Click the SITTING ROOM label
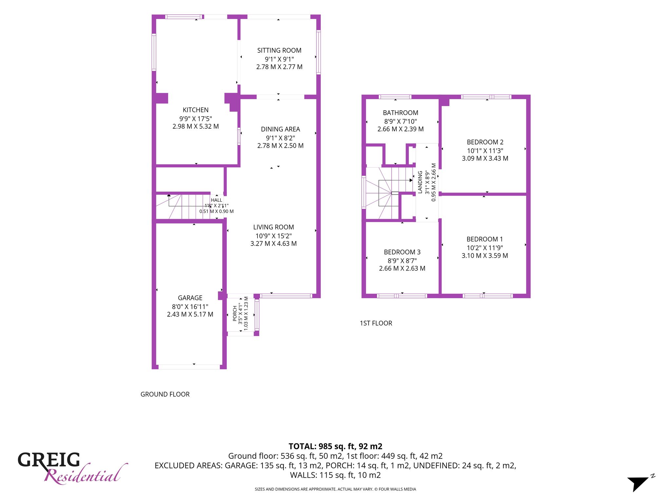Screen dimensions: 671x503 tap(279, 50)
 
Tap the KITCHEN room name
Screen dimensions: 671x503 tap(196, 110)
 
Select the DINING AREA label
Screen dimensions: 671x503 tap(280, 129)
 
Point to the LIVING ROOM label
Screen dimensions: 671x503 tap(274, 227)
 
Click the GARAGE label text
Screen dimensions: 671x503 tap(190, 298)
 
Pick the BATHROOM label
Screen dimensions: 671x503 tap(400, 113)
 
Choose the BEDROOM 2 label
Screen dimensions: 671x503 tap(485, 142)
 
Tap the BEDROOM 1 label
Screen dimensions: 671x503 tap(485, 239)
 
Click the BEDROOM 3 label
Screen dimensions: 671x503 tap(402, 252)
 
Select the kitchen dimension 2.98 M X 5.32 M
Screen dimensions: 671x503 tap(196, 126)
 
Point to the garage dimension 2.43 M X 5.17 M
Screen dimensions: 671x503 tap(190, 314)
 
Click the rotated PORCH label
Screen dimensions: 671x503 tap(235, 313)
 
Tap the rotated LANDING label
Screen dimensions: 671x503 tap(420, 182)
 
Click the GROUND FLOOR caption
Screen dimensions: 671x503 tap(165, 394)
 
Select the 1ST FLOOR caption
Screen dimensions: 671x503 tap(376, 323)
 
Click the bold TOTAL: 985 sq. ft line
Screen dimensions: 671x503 tap(335, 446)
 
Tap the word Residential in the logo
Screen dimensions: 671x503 tap(86, 474)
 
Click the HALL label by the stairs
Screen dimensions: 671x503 tap(217, 200)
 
